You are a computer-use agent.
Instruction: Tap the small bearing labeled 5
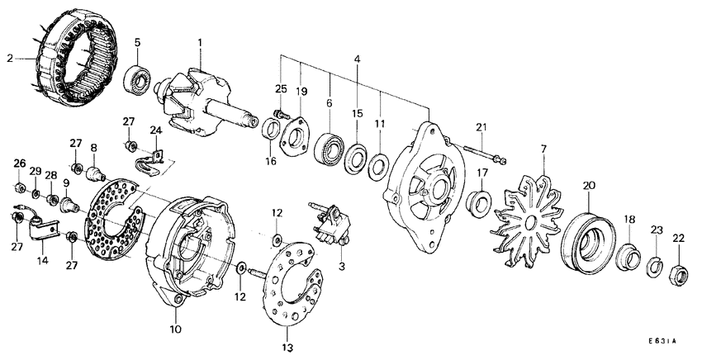(138, 81)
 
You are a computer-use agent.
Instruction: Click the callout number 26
(19, 163)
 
